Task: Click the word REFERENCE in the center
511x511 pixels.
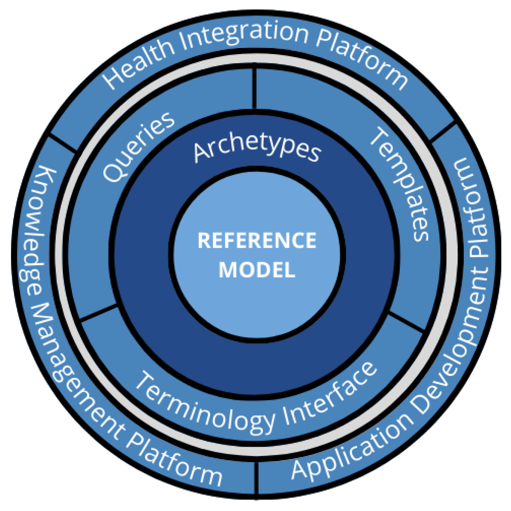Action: [x=257, y=241]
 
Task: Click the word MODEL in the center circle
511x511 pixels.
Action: [x=257, y=270]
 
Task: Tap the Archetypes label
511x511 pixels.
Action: [x=257, y=149]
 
